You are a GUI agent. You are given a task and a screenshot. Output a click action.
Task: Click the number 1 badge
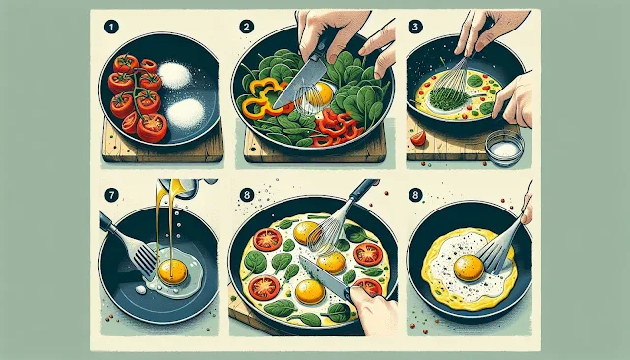(111, 28)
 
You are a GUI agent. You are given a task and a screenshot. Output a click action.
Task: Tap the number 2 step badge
(247, 27)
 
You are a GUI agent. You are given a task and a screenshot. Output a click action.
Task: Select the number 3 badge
(415, 27)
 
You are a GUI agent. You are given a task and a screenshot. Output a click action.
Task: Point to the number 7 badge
(111, 196)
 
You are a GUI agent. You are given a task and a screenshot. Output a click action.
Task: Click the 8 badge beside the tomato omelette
(247, 196)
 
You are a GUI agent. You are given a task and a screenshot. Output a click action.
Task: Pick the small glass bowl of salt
(505, 148)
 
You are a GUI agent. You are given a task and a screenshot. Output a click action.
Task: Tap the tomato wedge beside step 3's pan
(418, 138)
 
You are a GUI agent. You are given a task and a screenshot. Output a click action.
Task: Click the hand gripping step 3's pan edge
(513, 99)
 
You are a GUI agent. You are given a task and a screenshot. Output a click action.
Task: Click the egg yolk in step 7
(173, 271)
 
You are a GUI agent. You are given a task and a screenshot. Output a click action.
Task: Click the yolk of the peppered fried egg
(469, 268)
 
